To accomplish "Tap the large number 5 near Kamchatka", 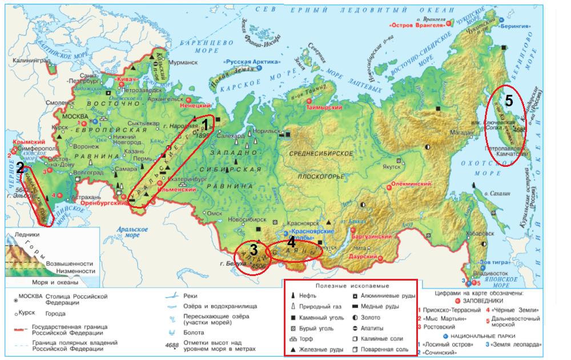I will (509, 101).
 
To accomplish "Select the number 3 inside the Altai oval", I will (254, 249).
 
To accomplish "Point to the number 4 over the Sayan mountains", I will (291, 242).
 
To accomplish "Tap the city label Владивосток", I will (489, 273).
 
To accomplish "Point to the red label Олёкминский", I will (410, 185).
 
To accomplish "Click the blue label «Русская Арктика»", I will (254, 61).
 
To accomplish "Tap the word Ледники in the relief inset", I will (27, 234).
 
